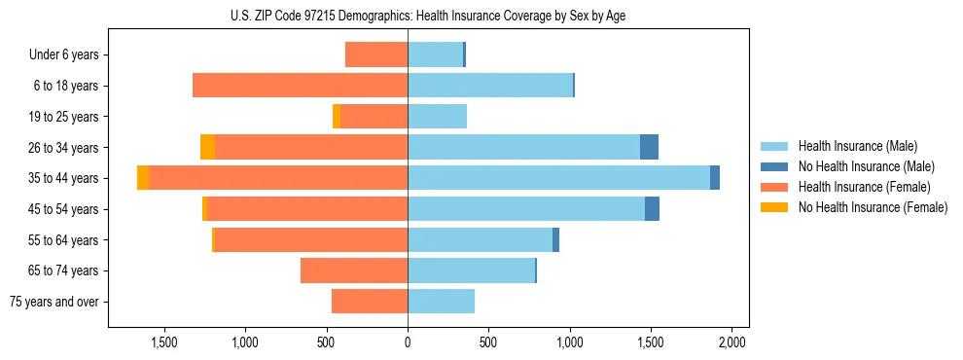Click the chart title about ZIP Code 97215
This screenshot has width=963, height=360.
428,16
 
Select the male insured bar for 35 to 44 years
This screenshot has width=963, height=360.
558,178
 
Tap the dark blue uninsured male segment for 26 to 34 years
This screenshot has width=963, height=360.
649,147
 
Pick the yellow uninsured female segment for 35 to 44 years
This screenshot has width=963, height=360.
143,178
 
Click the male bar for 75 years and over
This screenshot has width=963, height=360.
441,302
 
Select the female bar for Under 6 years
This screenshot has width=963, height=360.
375,54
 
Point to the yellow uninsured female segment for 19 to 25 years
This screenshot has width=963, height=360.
337,117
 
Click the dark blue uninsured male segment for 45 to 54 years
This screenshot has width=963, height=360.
652,209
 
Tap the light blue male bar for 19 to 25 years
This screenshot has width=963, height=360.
437,117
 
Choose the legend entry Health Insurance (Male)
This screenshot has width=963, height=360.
857,146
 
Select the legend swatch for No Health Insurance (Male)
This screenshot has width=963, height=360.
775,166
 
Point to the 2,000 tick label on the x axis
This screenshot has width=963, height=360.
731,342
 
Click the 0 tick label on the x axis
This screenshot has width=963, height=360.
408,342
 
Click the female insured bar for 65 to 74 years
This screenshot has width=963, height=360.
354,270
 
